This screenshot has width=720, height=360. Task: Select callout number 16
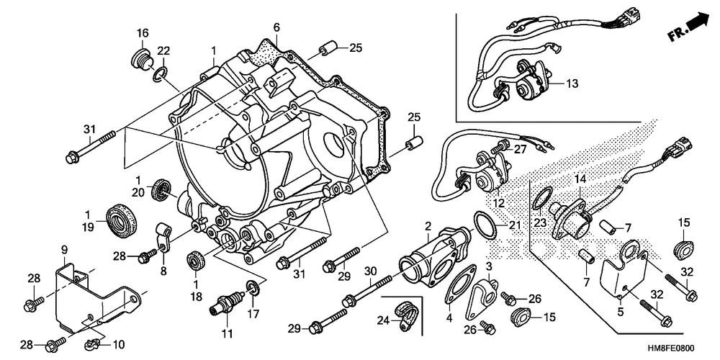click(x=142, y=33)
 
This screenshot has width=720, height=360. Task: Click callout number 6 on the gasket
click(x=276, y=27)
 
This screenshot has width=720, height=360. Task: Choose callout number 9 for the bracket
click(x=64, y=249)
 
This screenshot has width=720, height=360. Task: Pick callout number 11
click(x=228, y=333)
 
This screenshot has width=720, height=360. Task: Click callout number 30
click(x=370, y=271)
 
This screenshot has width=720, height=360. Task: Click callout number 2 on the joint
click(x=428, y=225)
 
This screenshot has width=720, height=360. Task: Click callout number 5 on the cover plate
click(x=621, y=312)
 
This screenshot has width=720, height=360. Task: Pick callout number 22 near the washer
click(x=163, y=50)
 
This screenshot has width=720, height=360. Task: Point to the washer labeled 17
click(x=253, y=289)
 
